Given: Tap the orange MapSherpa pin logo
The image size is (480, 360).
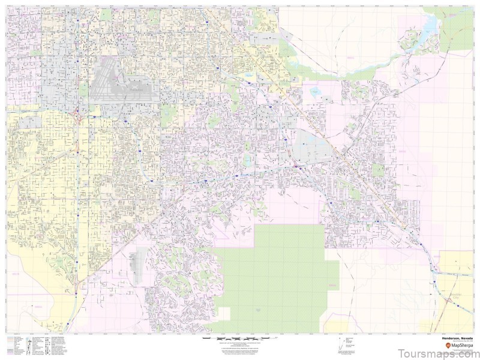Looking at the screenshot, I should click(x=439, y=347).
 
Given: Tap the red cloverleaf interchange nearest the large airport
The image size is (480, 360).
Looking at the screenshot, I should click(x=76, y=114).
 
